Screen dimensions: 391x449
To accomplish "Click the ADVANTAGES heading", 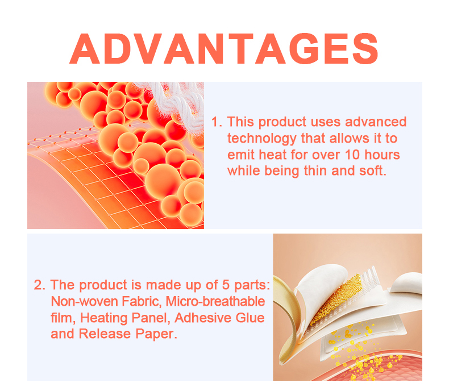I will tap(224, 49).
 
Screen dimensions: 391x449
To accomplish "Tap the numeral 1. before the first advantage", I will tap(216, 122).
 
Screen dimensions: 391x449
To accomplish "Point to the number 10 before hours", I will tap(351, 155).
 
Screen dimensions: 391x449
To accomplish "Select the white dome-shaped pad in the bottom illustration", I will tap(406, 284).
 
